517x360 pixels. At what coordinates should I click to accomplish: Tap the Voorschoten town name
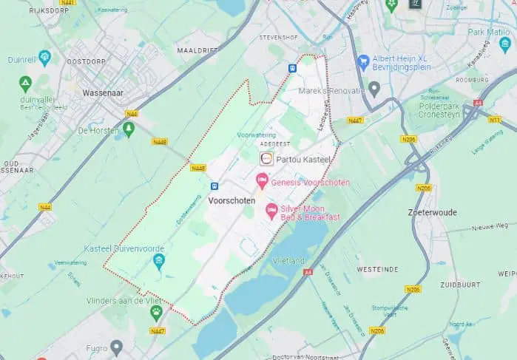point(232,201)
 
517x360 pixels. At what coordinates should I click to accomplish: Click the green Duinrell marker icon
point(44,56)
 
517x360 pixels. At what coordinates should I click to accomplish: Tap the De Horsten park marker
point(129,129)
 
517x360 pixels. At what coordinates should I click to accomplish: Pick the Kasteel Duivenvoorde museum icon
point(159,260)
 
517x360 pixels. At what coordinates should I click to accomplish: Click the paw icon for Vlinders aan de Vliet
point(156,311)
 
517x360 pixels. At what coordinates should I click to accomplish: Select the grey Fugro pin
point(116,346)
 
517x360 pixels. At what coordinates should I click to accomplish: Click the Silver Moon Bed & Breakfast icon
point(271,211)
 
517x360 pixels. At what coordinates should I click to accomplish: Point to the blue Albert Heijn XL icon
point(363,61)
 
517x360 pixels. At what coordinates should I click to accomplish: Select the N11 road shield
point(494,119)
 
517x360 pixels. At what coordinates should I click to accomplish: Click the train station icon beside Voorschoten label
point(214,187)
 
